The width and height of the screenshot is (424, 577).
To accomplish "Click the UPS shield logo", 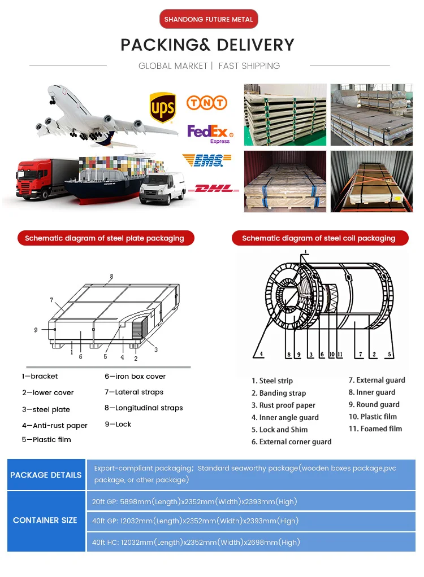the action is click(162, 107).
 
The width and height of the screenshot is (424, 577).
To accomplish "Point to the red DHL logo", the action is click(214, 189).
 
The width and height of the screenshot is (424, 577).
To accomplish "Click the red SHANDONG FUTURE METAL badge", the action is click(209, 19).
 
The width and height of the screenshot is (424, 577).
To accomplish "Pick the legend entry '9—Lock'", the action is click(118, 424).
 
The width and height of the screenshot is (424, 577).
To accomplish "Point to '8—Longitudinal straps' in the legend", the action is click(144, 408).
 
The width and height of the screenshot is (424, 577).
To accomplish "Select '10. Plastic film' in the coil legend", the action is click(373, 417).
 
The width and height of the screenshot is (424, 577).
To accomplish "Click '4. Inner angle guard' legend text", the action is click(285, 418).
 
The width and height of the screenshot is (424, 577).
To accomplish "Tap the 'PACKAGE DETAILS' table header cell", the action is click(46, 475).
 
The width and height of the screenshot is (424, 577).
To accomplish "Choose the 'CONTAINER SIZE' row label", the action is click(45, 520).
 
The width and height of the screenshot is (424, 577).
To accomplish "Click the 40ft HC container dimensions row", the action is click(196, 543).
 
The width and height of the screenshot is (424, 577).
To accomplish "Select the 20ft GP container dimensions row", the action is click(194, 501).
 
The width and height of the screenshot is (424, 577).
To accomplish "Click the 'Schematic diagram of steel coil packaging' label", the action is click(319, 238).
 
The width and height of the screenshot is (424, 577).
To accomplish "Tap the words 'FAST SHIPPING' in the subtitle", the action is click(249, 66).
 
